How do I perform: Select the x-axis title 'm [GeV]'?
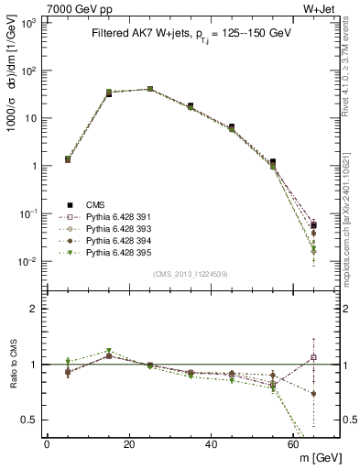315,457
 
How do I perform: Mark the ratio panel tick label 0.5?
31,420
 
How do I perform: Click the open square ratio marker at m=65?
314,357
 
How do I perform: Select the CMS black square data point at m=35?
191,106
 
